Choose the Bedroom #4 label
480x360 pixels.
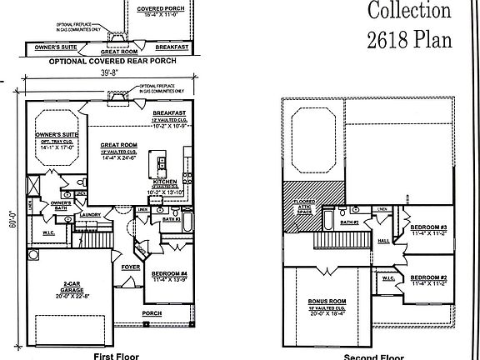(x=169, y=272)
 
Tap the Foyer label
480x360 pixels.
(x=131, y=267)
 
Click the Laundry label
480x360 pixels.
(x=91, y=215)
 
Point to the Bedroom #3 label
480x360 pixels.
(x=432, y=227)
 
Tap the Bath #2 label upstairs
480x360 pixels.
(x=349, y=222)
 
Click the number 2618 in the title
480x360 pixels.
(x=394, y=39)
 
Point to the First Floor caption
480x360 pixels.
(x=110, y=355)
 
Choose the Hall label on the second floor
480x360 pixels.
(x=384, y=240)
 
